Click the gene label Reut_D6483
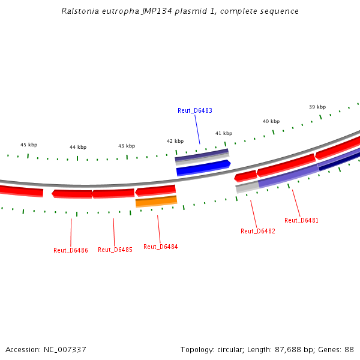pos(195,110)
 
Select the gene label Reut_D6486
pos(71,250)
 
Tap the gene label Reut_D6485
pos(115,250)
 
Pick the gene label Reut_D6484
pos(160,247)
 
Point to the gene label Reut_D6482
pos(258,231)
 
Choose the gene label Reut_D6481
pos(301,220)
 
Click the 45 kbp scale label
pos(29,145)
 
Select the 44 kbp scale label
pos(78,147)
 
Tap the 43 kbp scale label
pos(127,146)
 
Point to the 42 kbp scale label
pos(175,141)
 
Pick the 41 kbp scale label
pos(224,133)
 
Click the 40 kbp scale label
pos(271,121)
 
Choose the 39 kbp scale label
pos(317,107)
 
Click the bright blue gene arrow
pos(203,168)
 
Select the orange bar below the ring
pos(156,202)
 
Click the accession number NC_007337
pos(64,349)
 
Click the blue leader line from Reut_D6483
pos(197,129)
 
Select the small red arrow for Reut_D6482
pos(245,176)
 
